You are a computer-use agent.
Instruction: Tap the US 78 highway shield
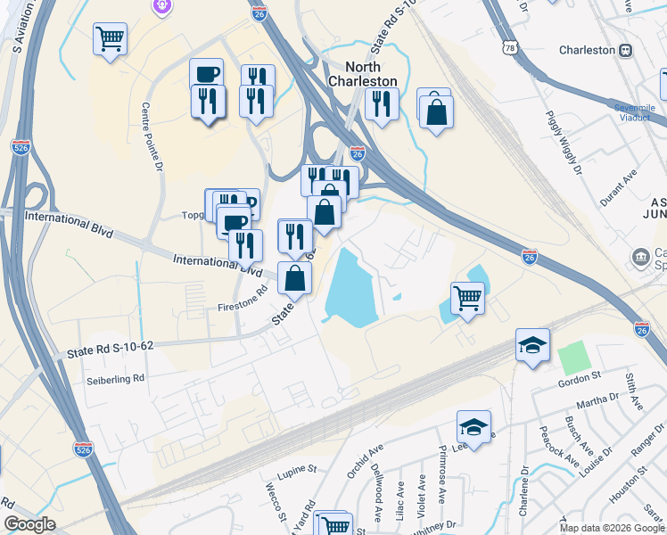tap(506, 45)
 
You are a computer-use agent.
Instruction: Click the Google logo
tap(29, 524)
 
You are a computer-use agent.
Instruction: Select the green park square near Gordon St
tap(575, 358)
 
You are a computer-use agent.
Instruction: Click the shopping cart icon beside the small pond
tap(467, 299)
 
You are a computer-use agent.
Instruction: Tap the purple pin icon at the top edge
tap(161, 5)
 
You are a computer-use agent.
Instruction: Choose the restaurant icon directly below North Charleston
tap(381, 106)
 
